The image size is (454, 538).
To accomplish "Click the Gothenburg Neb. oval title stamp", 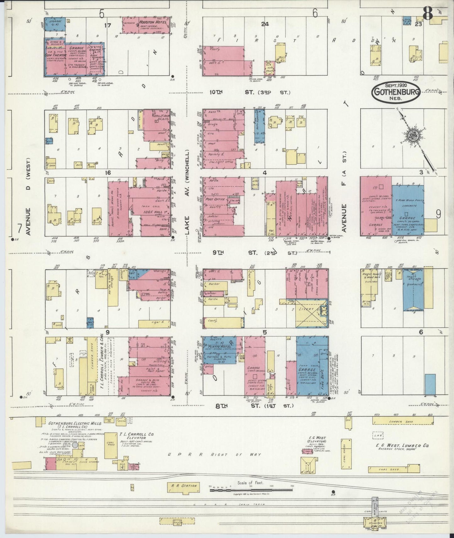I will click(x=396, y=92).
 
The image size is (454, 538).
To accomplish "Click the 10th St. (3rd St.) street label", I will click(x=250, y=93).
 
